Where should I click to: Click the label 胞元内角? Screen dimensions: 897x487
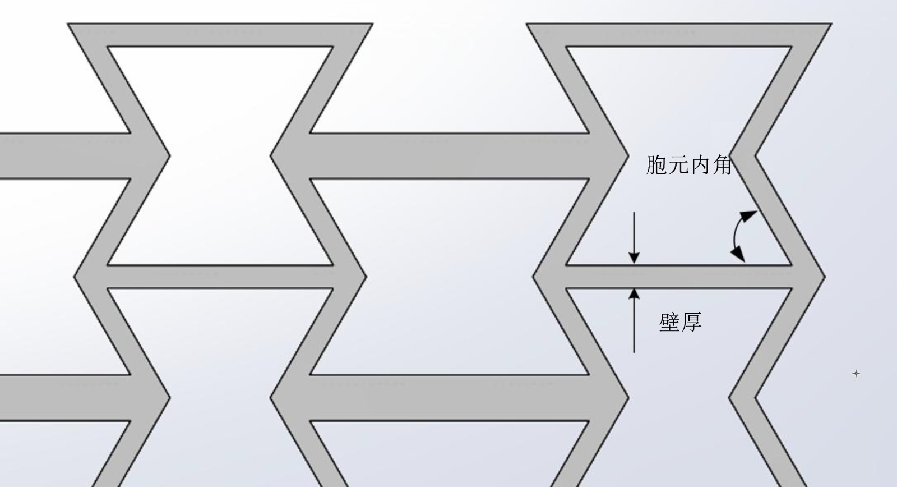[x=689, y=165]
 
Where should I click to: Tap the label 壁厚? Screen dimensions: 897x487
[x=680, y=322]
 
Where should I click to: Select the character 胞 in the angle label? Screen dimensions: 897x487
[x=656, y=165]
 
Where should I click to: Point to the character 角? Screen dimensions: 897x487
[x=722, y=165]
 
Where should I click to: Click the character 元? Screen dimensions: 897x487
[x=678, y=165]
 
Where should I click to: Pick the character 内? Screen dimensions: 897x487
[x=700, y=165]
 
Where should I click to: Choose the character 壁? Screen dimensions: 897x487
[x=669, y=322]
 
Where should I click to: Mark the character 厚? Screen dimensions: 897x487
[x=691, y=322]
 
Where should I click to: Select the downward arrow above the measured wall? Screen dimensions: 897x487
[x=634, y=236]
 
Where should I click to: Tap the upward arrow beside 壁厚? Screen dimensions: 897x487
[x=634, y=320]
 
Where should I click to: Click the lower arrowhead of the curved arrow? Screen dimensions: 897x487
[x=739, y=256]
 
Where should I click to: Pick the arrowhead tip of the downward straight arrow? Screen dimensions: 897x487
[x=634, y=262]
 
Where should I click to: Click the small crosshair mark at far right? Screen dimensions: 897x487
[x=856, y=373]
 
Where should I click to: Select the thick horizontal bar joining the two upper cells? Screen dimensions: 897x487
[x=449, y=156]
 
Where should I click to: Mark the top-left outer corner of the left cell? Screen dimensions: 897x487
[x=68, y=24]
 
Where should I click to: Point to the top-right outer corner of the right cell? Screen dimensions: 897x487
[x=831, y=24]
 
